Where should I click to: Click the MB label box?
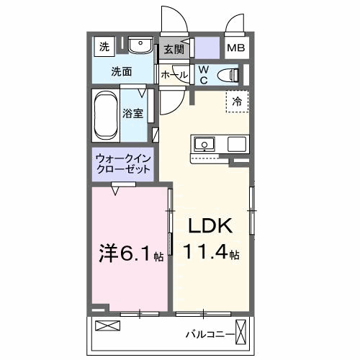coord(236,49)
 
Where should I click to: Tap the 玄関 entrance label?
coord(173,50)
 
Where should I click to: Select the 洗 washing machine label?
coord(104,48)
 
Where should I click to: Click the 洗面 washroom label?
coord(120,71)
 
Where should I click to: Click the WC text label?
coord(203,75)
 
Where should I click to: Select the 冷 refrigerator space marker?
coord(237,102)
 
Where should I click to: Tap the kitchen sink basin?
coord(204,144)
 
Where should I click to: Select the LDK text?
coord(210,226)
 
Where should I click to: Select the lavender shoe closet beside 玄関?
coord(207,50)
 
